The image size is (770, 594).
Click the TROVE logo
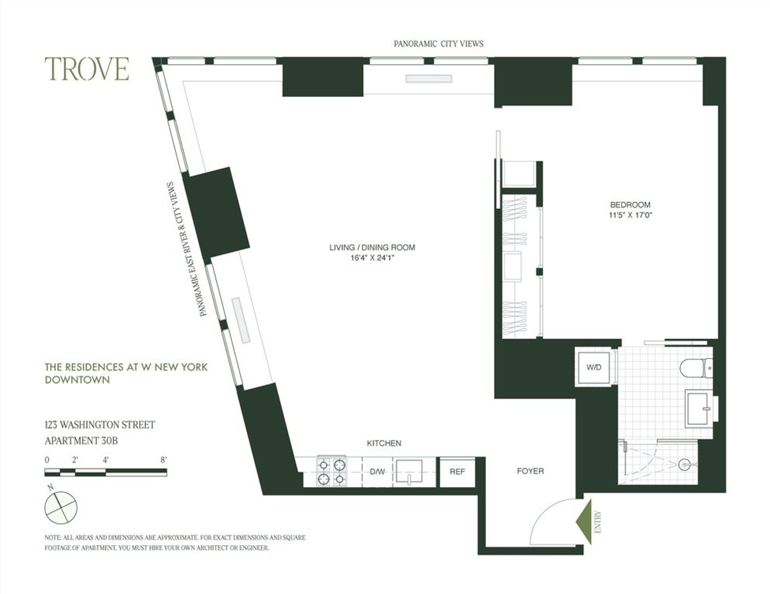pos(87,69)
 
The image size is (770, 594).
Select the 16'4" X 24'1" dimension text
pos(372,258)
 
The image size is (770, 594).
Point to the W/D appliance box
pos(594,368)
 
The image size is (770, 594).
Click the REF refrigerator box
pos(457,472)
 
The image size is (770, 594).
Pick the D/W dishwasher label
pos(376,472)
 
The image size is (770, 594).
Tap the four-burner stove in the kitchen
pos(332,472)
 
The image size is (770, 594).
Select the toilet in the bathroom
pos(697,367)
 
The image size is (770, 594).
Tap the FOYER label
pos(530,471)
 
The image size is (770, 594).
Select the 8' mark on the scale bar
pos(164,459)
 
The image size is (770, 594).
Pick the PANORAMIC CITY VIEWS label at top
pos(438,44)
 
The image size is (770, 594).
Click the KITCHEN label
pos(384,443)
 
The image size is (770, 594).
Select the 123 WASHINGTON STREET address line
pos(99,424)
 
